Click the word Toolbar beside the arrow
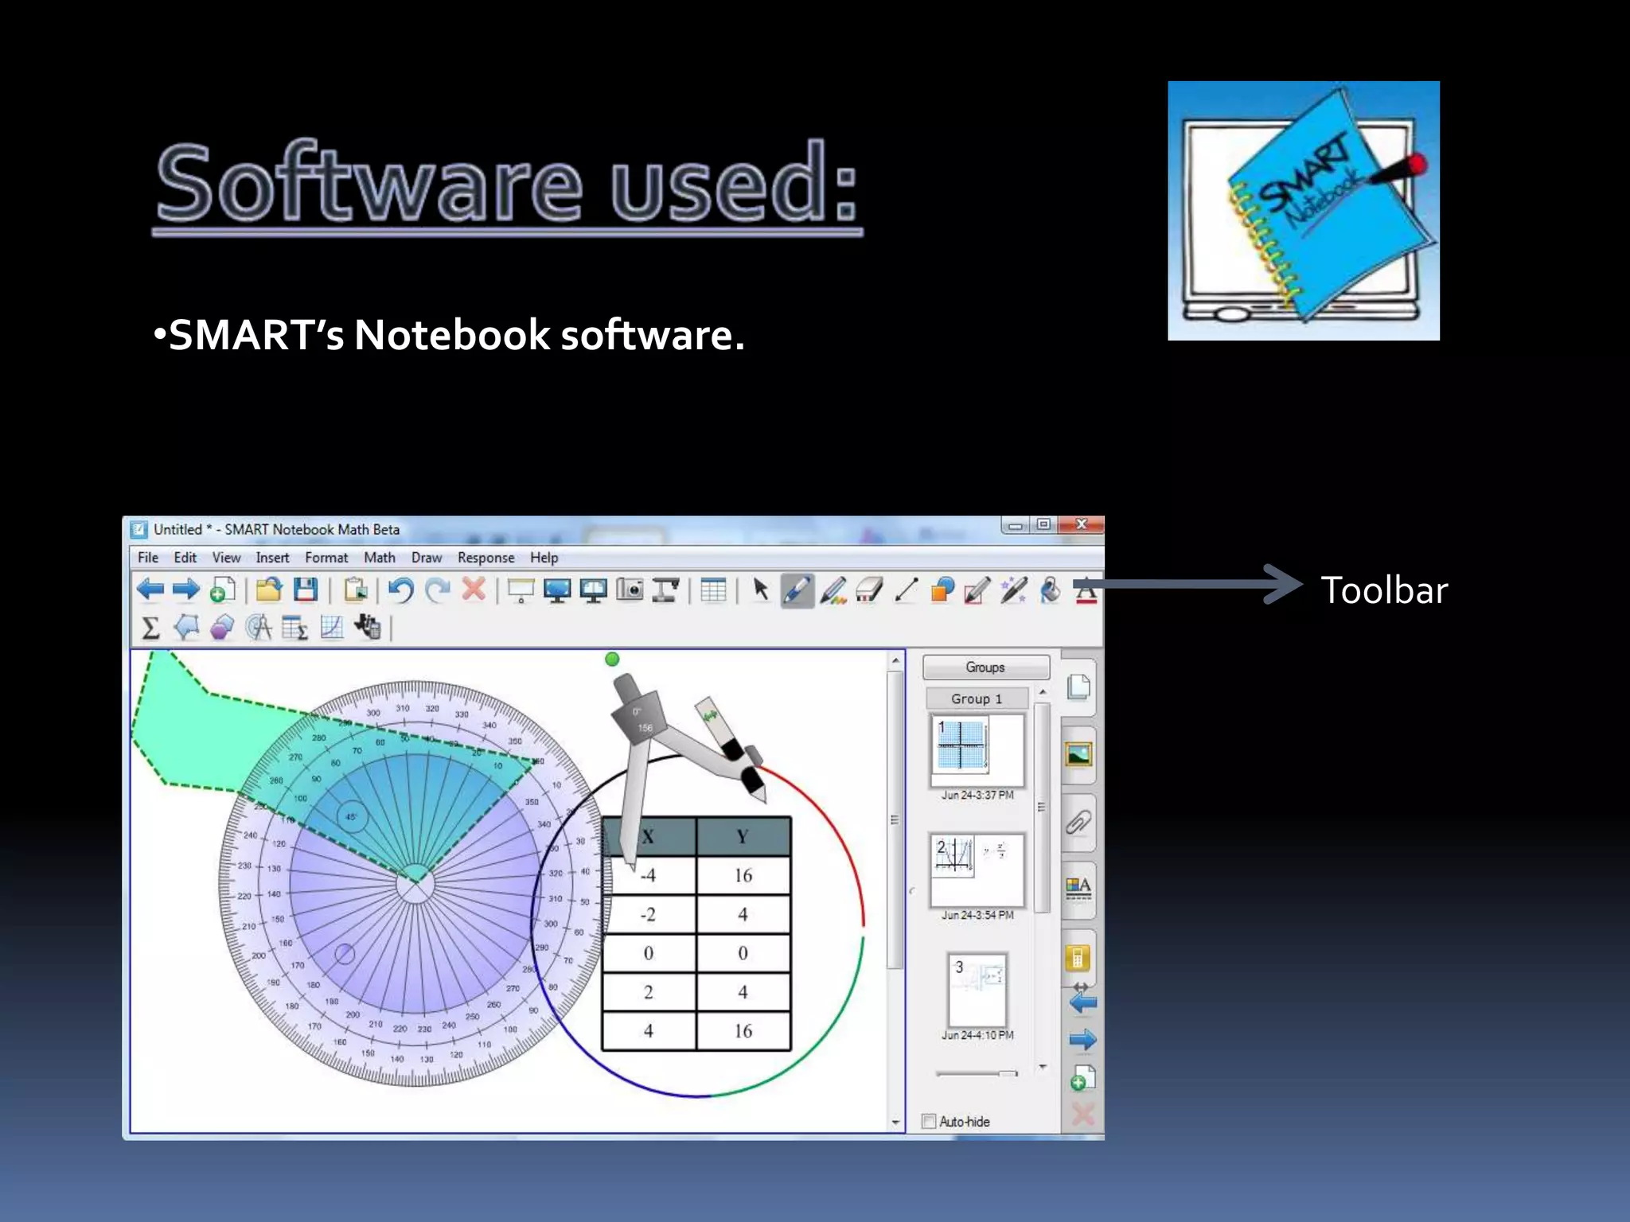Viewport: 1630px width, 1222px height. pyautogui.click(x=1384, y=590)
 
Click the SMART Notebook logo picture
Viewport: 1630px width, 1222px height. pyautogui.click(x=1303, y=211)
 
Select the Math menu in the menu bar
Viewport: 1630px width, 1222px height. pyautogui.click(x=379, y=558)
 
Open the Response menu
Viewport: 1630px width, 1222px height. pyautogui.click(x=485, y=558)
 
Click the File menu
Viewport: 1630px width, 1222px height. pyautogui.click(x=147, y=558)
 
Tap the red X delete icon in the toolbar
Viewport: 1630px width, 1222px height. pyautogui.click(x=474, y=590)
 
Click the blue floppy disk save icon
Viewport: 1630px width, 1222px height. pyautogui.click(x=306, y=590)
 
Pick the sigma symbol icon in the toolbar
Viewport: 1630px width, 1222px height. pyautogui.click(x=150, y=628)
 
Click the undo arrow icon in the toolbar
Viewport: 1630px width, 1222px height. pyautogui.click(x=400, y=590)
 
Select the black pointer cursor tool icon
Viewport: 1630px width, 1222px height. pyautogui.click(x=760, y=590)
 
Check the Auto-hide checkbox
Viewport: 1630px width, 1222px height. pyautogui.click(x=928, y=1121)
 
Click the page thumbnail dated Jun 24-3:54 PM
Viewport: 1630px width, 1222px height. pyautogui.click(x=977, y=870)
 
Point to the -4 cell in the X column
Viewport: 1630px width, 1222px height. pyautogui.click(x=649, y=875)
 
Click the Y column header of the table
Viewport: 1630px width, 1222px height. pyautogui.click(x=743, y=837)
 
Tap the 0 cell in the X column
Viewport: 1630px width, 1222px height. pyautogui.click(x=649, y=953)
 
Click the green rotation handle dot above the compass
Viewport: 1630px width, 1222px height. pyautogui.click(x=612, y=659)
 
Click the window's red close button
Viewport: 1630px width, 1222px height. pyautogui.click(x=1081, y=524)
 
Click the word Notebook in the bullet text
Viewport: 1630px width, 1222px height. pyautogui.click(x=451, y=335)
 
